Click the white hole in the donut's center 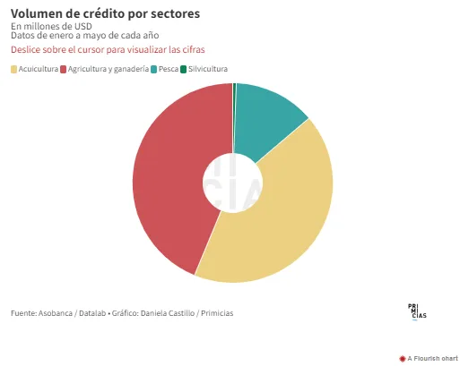click(x=232, y=183)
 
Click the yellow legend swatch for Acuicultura click(x=13, y=69)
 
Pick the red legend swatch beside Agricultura click(x=63, y=69)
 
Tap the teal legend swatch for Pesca click(x=153, y=69)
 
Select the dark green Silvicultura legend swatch click(x=183, y=69)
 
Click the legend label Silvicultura click(x=208, y=69)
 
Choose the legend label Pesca click(x=169, y=69)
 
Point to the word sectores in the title click(x=175, y=14)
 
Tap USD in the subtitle click(x=83, y=26)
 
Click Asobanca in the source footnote click(x=56, y=313)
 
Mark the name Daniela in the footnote click(x=152, y=313)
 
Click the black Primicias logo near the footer click(x=417, y=312)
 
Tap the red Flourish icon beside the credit click(x=403, y=359)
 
